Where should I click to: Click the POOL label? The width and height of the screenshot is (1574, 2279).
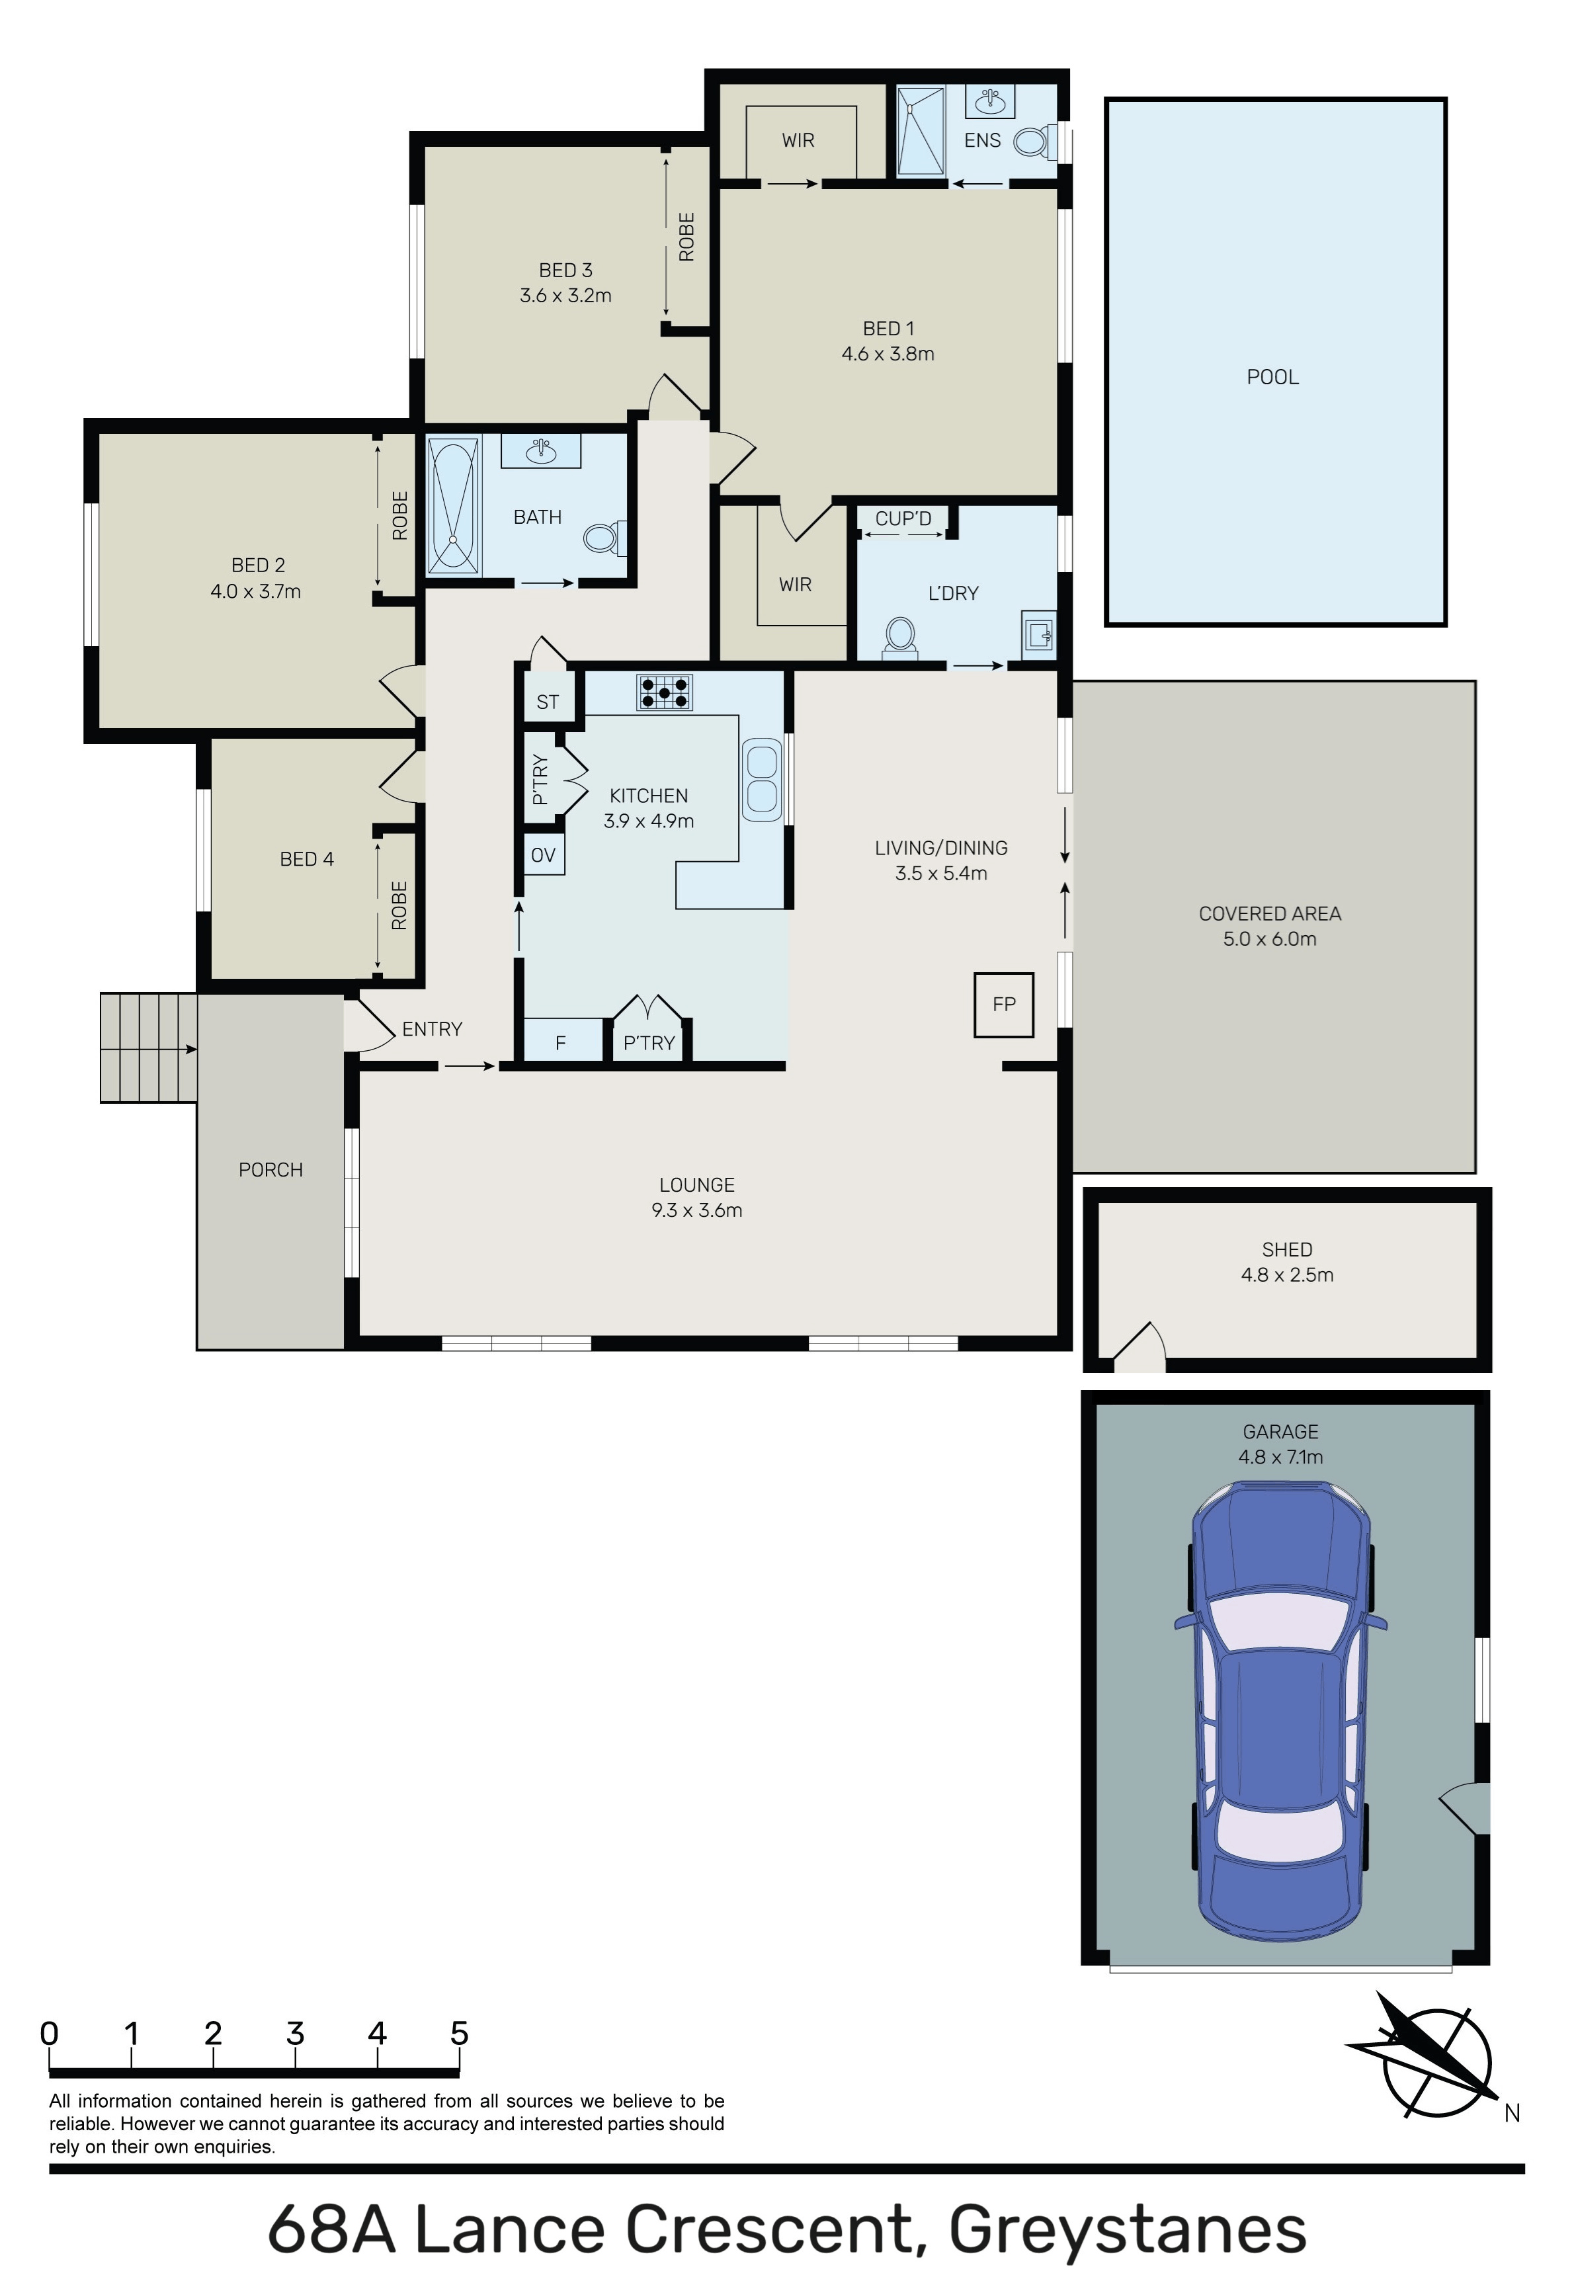[x=1272, y=377]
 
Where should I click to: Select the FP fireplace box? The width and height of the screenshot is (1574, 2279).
[x=1004, y=1005]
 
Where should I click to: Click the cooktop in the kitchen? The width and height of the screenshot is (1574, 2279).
[x=665, y=692]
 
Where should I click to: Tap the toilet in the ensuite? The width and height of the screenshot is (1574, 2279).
[x=1032, y=141]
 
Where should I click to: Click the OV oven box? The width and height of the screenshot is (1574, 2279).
[x=544, y=855]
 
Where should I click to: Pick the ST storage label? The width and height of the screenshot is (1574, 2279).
[x=548, y=702]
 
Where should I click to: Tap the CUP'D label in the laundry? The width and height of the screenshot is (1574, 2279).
[x=903, y=518]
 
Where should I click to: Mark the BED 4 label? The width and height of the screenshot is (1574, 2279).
[x=307, y=859]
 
